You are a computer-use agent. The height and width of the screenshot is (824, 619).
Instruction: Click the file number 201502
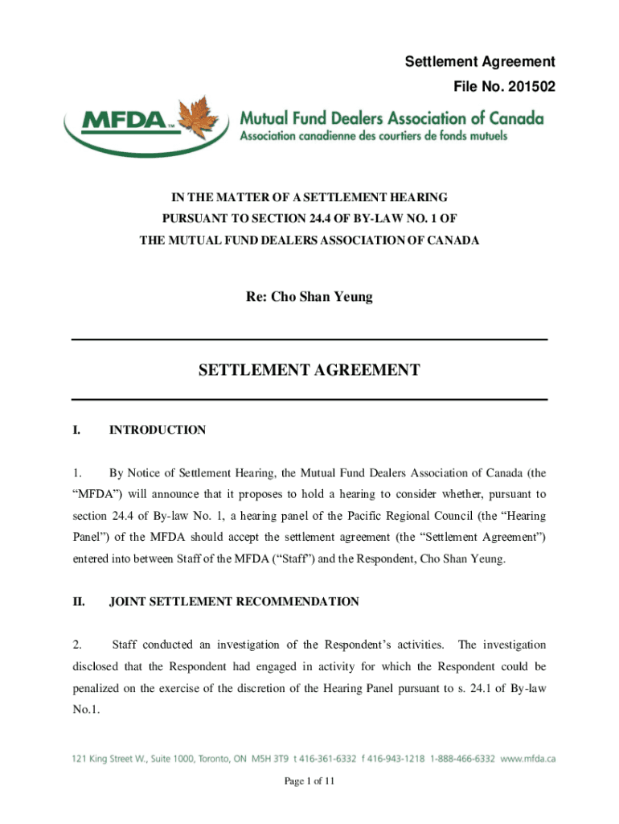pyautogui.click(x=531, y=84)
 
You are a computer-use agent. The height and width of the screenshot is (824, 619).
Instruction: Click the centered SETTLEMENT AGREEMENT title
pyautogui.click(x=309, y=370)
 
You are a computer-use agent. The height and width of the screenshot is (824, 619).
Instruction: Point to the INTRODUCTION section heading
pyautogui.click(x=158, y=431)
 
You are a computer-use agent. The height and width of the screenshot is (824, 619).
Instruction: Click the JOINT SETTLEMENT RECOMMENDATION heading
pyautogui.click(x=234, y=601)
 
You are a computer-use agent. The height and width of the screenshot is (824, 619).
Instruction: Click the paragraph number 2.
pyautogui.click(x=76, y=645)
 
